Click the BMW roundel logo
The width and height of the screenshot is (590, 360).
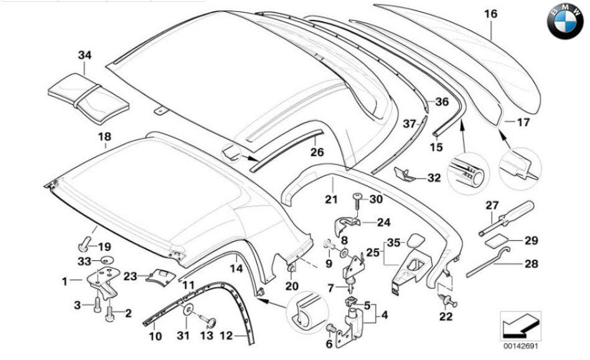(565, 21)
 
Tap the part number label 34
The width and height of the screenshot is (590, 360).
(85, 55)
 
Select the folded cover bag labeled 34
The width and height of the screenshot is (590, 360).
(88, 98)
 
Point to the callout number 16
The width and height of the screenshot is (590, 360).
(490, 14)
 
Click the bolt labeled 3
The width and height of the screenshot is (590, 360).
(96, 305)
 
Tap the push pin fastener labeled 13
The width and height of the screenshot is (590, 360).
(208, 321)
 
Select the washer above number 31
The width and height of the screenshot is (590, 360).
(187, 311)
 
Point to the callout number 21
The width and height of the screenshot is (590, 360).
(331, 199)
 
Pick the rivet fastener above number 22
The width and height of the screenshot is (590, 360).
(447, 300)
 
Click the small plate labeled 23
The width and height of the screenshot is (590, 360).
(161, 276)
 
